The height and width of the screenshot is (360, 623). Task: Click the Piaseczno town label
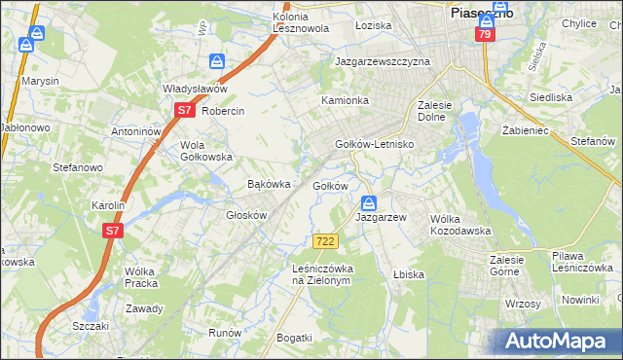tap(481, 13)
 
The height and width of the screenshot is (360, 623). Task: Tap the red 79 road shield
tap(484, 34)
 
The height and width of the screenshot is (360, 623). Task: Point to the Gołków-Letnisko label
tap(375, 144)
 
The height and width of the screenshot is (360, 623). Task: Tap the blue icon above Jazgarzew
tap(369, 203)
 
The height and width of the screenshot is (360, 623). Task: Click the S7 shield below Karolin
tap(113, 231)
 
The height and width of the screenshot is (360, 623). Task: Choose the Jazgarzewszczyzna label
tap(382, 60)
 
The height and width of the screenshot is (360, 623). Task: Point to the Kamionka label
tap(346, 100)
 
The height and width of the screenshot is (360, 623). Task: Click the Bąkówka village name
tap(270, 184)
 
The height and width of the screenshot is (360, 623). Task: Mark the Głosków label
tap(245, 215)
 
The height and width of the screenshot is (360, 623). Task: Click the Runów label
tap(225, 332)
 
